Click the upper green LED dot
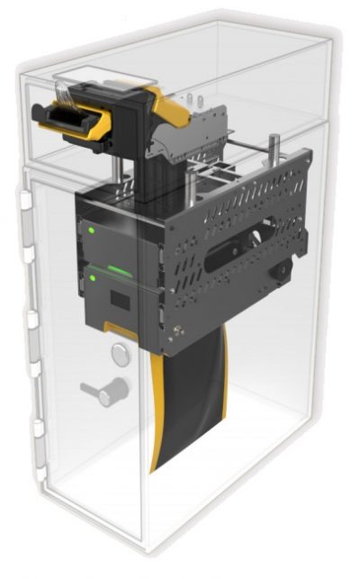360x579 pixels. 93,229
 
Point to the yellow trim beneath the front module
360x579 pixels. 126,332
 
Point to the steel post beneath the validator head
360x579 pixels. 120,167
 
